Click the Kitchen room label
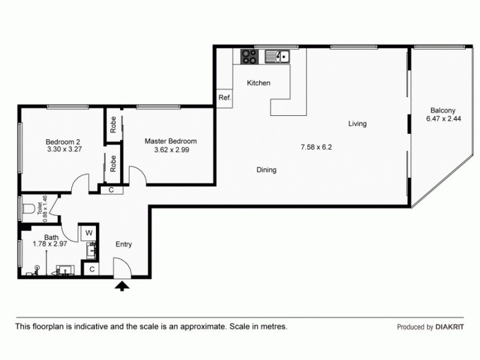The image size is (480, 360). [x=259, y=83]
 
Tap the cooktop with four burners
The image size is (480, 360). [x=249, y=57]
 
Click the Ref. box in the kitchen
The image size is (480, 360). [x=224, y=98]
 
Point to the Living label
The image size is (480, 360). [x=357, y=124]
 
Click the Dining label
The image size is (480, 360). [x=266, y=170]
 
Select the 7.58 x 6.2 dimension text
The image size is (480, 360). [x=316, y=146]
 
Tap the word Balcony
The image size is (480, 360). [x=443, y=110]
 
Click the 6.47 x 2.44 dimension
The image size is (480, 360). [x=443, y=119]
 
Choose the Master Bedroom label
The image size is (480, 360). [x=170, y=142]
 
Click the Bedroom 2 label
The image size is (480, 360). [x=62, y=142]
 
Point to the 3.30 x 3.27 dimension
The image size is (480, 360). [x=62, y=151]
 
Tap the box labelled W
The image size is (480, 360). [x=88, y=233]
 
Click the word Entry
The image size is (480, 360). [x=124, y=244]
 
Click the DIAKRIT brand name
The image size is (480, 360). [x=449, y=328]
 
